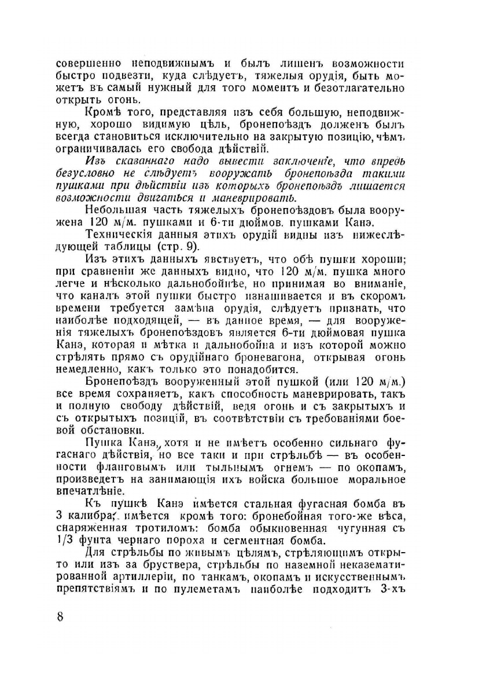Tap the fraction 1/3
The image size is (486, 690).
[65, 541]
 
